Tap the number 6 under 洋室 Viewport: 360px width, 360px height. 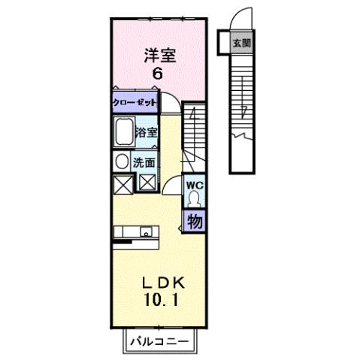158,73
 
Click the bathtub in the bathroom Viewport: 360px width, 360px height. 124,134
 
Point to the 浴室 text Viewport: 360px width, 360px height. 147,133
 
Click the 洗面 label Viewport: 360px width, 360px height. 145,162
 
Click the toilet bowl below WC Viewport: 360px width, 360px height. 194,199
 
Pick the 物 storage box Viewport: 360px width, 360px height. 194,222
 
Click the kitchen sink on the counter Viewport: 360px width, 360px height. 144,231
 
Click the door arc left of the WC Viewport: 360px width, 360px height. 173,186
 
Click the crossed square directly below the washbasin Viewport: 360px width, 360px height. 122,183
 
